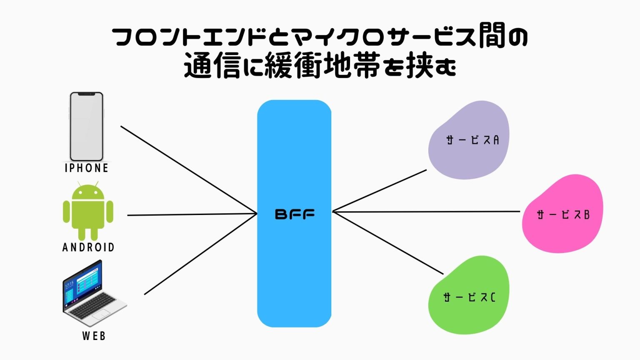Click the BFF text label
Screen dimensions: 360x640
point(295,214)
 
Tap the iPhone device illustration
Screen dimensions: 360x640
point(86,126)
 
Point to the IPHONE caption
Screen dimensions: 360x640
point(87,168)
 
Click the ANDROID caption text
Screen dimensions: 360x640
point(88,247)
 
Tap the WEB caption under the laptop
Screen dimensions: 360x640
point(94,336)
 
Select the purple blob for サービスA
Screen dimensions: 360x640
point(469,140)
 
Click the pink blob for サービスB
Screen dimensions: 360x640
point(562,214)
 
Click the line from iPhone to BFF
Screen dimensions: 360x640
point(187,169)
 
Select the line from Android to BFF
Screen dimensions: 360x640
point(192,215)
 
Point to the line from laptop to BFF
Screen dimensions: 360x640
point(200,255)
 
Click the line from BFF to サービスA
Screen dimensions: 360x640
point(379,191)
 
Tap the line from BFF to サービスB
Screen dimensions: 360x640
point(425,212)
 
